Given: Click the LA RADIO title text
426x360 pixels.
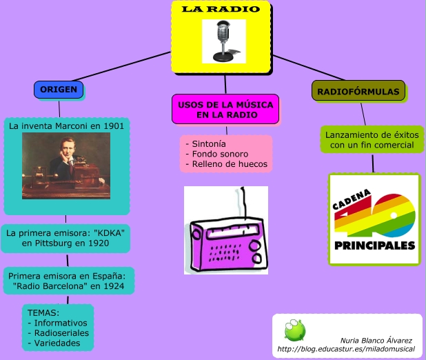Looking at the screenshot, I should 221,9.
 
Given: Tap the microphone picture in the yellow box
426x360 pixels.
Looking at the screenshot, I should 224,41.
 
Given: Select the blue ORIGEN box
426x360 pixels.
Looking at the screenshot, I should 59,90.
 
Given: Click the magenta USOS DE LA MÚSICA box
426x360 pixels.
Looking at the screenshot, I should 225,110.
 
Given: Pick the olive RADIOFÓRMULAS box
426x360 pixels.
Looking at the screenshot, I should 358,91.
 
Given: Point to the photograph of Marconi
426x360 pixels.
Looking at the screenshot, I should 66,161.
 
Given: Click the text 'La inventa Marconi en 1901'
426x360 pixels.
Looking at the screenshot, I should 66,126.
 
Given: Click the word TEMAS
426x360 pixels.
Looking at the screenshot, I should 41,312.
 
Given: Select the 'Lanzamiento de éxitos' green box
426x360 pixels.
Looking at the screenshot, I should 371,140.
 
